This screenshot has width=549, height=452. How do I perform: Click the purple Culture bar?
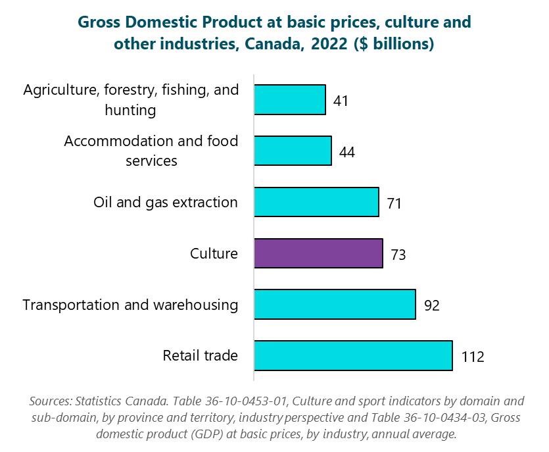318,253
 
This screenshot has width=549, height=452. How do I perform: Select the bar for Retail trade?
353,355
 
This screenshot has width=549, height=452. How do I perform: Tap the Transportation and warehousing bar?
335,305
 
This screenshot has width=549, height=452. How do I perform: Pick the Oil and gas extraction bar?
316,202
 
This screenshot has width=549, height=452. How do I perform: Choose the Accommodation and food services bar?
293,151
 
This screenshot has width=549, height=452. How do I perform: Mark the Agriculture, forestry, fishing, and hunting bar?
290,100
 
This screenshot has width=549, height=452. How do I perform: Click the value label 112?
472,357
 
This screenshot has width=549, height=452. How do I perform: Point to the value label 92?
431,305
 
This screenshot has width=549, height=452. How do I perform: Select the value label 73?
398,255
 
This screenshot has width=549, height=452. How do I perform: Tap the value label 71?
394,203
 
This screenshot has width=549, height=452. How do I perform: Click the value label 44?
347,152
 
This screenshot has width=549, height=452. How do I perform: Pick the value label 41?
340,101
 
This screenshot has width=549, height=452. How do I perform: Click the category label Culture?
214,253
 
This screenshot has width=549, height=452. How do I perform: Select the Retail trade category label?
201,356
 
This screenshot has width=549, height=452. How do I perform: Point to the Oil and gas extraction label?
166,202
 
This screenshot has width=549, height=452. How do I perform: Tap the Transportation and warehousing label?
130,305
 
